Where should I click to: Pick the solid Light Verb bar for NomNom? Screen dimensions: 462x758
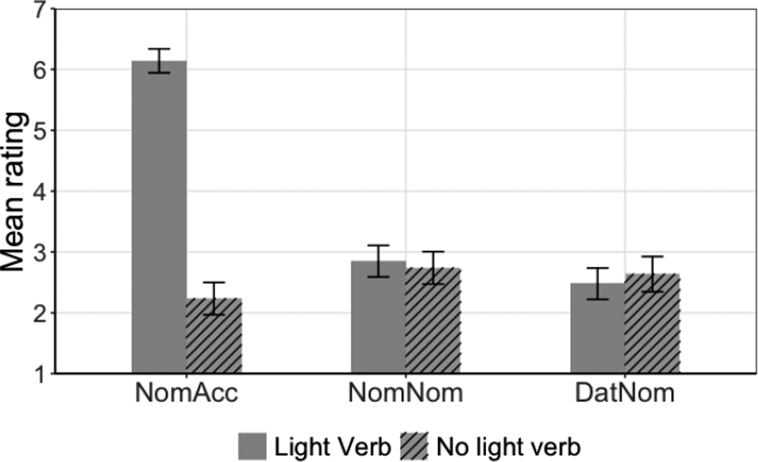click(x=378, y=317)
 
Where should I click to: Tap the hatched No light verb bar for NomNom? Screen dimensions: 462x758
click(x=433, y=321)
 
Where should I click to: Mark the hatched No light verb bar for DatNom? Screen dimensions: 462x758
click(x=652, y=324)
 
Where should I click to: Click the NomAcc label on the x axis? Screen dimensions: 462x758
click(x=186, y=395)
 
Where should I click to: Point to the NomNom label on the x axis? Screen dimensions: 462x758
click(x=405, y=395)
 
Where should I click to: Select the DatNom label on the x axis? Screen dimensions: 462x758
click(x=625, y=395)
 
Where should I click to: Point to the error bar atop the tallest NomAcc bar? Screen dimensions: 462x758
click(x=159, y=61)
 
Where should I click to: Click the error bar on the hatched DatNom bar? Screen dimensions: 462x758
click(x=652, y=273)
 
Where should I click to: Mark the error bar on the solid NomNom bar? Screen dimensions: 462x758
click(x=378, y=261)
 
